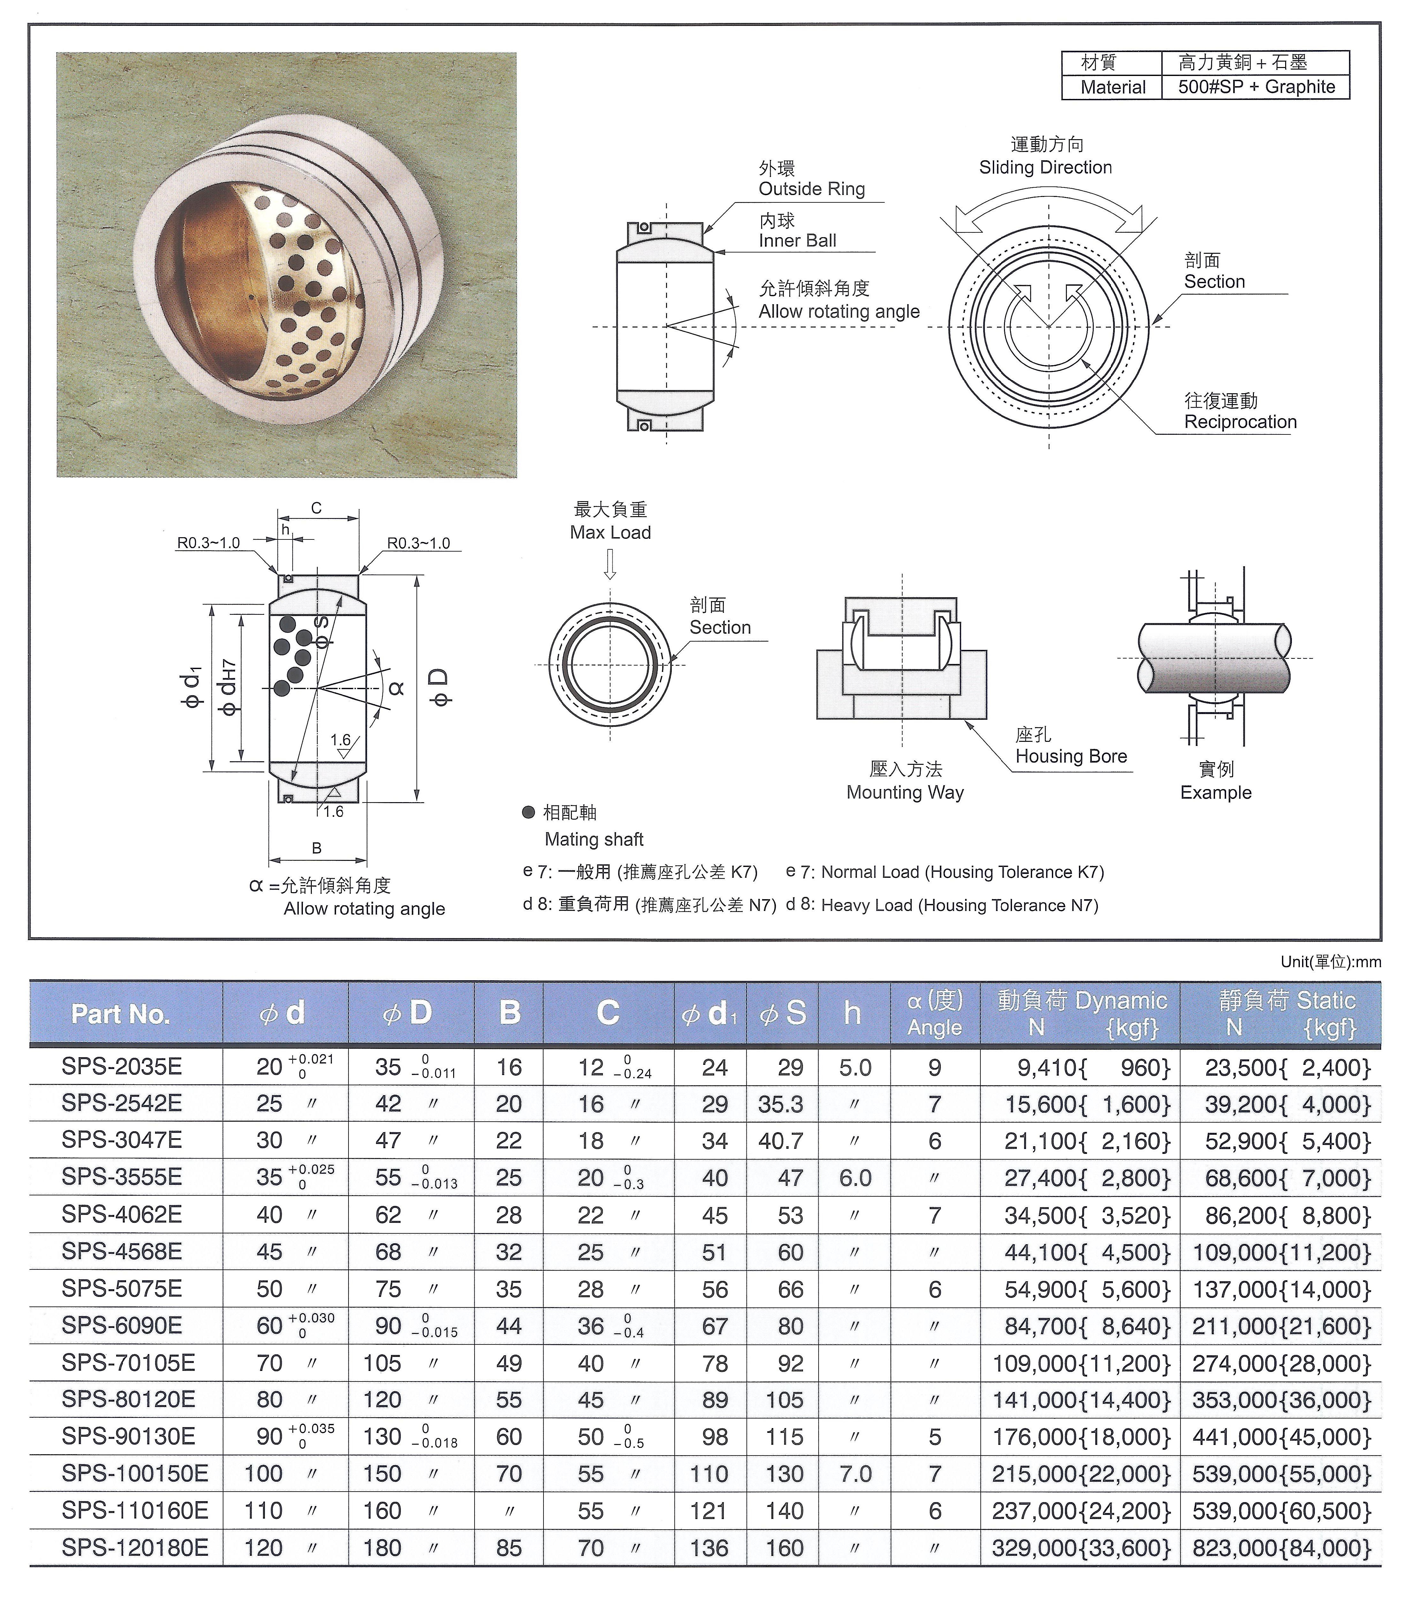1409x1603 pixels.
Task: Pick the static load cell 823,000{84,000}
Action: click(1281, 1548)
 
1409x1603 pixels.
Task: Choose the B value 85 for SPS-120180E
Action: click(509, 1548)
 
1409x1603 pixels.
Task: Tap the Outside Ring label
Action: click(812, 189)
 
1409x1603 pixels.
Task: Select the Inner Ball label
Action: click(798, 241)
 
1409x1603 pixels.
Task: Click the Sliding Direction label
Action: click(1045, 167)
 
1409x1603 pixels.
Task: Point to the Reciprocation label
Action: click(1240, 422)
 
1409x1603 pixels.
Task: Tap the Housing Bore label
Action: click(1071, 756)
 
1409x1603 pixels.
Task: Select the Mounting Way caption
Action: click(905, 792)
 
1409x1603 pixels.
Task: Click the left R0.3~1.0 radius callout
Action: click(209, 543)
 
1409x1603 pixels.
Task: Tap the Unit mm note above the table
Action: click(1330, 961)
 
